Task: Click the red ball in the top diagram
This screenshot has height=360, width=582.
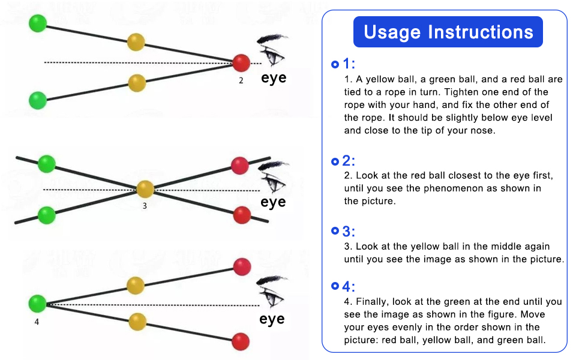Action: coord(241,62)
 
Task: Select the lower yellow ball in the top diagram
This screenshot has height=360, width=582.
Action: coord(137,83)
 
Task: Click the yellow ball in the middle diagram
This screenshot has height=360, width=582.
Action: coord(145,189)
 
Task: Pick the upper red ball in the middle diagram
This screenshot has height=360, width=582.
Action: coord(240,165)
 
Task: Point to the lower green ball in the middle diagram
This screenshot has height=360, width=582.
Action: coord(46,214)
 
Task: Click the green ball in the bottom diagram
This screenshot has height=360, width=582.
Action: coord(37,304)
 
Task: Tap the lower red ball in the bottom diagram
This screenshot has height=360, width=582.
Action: coord(241,341)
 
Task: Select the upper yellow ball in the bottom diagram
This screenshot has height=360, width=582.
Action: coord(136,285)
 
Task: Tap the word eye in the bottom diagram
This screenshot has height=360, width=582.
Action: coord(272,319)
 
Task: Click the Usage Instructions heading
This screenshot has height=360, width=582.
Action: coord(448,32)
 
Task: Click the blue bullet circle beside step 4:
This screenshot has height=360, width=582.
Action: coord(335,286)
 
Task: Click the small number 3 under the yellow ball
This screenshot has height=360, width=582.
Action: coord(145,206)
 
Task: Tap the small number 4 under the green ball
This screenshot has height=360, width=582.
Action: coord(37,322)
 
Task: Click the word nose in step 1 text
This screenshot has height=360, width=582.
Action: coord(483,130)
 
